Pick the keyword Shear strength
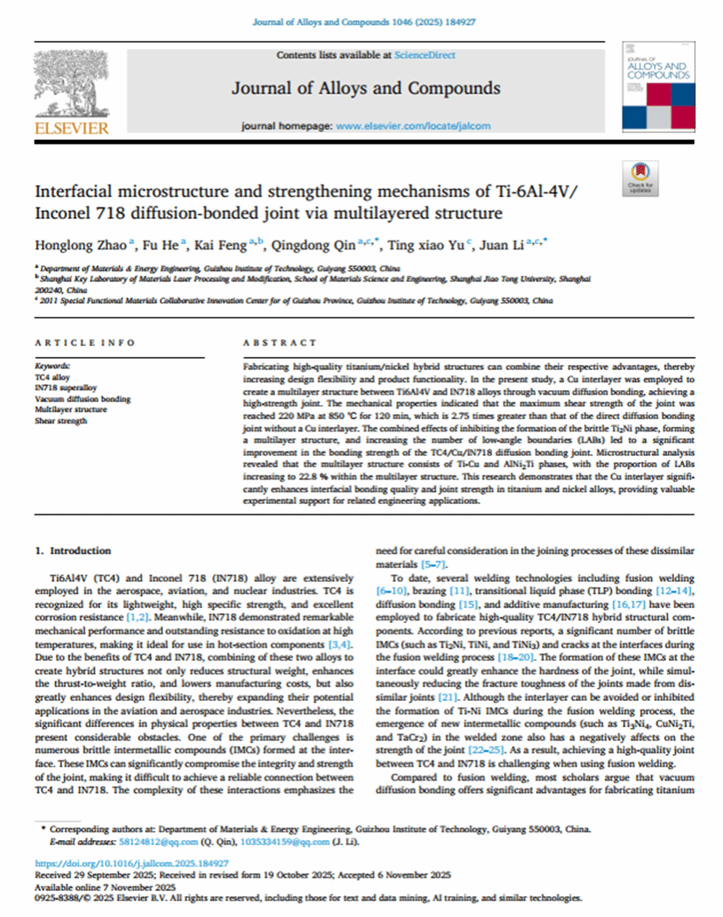tap(61, 421)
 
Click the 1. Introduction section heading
tap(73, 550)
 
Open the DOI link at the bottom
tap(98, 863)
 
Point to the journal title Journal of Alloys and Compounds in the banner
tap(366, 88)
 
